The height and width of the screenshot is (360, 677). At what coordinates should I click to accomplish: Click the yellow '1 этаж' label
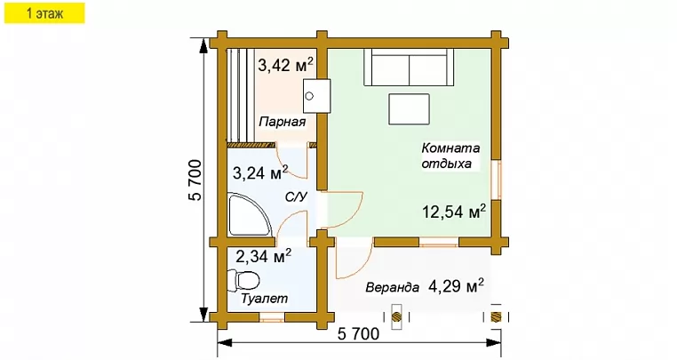pos(44,13)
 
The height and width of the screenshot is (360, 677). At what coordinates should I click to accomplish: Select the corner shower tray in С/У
pos(249,216)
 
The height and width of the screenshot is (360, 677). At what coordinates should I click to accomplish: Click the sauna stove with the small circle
pos(316,96)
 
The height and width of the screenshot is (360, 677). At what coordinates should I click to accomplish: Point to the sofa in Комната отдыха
pos(409,68)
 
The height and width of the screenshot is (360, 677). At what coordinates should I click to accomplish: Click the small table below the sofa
pos(410,109)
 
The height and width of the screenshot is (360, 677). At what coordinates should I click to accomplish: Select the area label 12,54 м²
pos(454,212)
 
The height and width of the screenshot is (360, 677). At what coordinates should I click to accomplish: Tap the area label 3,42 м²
pos(285,65)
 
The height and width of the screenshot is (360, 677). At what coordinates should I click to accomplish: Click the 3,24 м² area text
pos(260,172)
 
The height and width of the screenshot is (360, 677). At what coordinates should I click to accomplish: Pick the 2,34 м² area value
pos(263,256)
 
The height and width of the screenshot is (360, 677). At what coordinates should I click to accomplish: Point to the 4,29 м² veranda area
pos(457,285)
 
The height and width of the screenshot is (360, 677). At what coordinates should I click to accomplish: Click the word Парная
pos(283,122)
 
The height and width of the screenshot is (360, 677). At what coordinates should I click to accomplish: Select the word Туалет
pos(264,299)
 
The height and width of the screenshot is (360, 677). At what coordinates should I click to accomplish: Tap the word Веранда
pos(393,287)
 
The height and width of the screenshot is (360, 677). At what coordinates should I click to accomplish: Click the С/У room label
pos(296,197)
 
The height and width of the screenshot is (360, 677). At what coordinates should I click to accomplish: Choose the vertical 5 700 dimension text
pos(195,180)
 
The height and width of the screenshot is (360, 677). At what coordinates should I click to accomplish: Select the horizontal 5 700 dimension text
pos(358,333)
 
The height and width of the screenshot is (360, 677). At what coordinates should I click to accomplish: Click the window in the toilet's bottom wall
pos(272,318)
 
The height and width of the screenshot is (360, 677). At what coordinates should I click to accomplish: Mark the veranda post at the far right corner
pos(497,317)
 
